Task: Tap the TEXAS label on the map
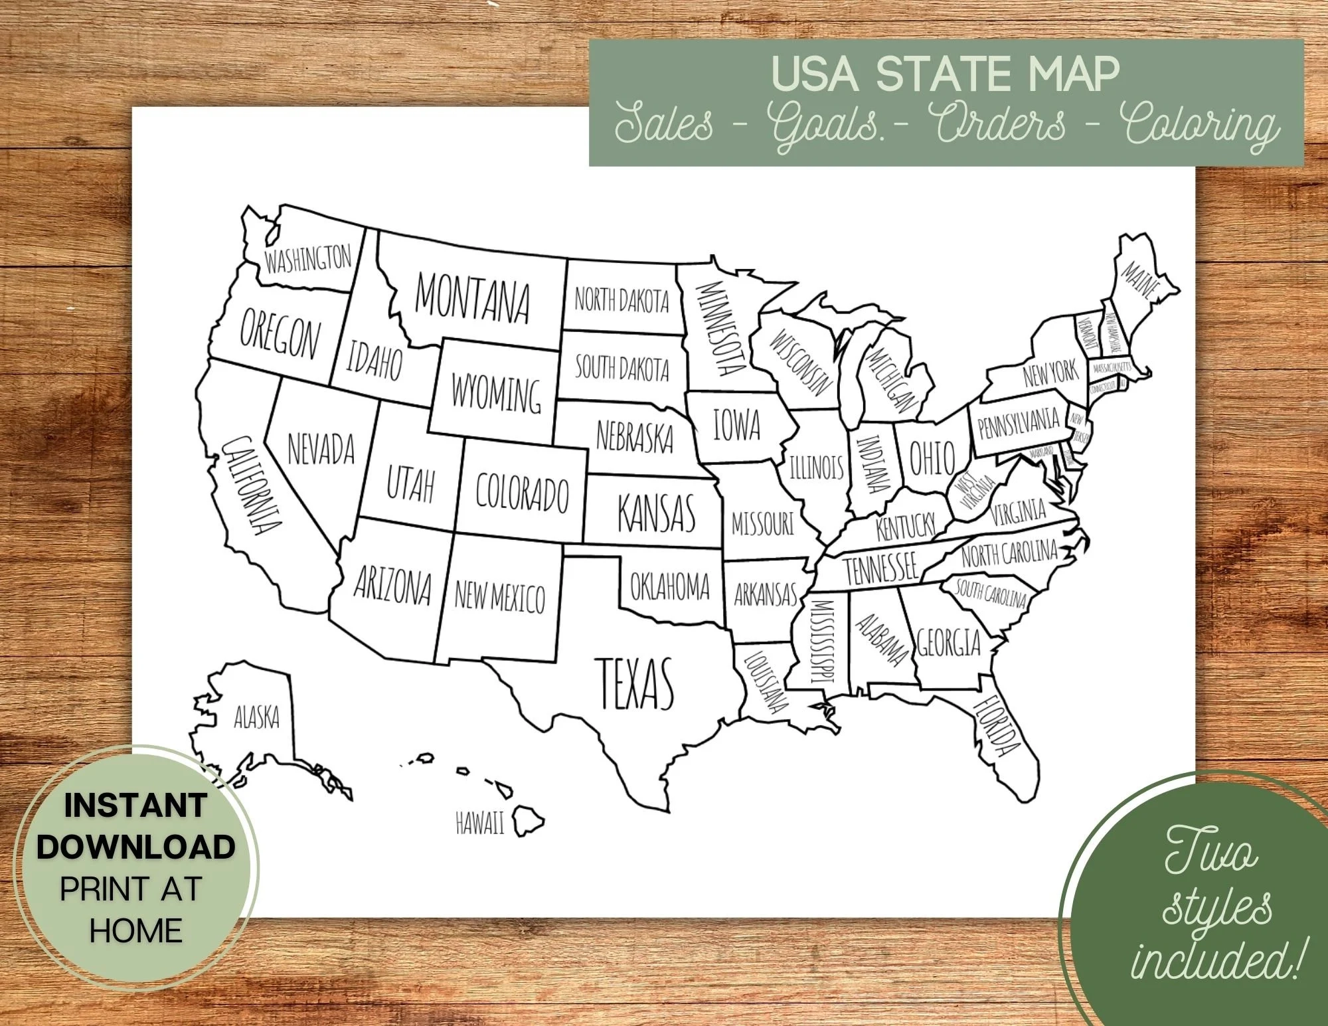[x=637, y=683]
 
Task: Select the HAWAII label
[x=479, y=823]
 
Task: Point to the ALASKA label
[x=256, y=717]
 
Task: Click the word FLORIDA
[x=996, y=725]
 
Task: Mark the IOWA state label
[x=736, y=424]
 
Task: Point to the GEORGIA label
[x=949, y=643]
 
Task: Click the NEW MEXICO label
[x=499, y=596]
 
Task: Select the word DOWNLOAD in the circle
[x=136, y=847]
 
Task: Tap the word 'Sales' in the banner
[x=664, y=125]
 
